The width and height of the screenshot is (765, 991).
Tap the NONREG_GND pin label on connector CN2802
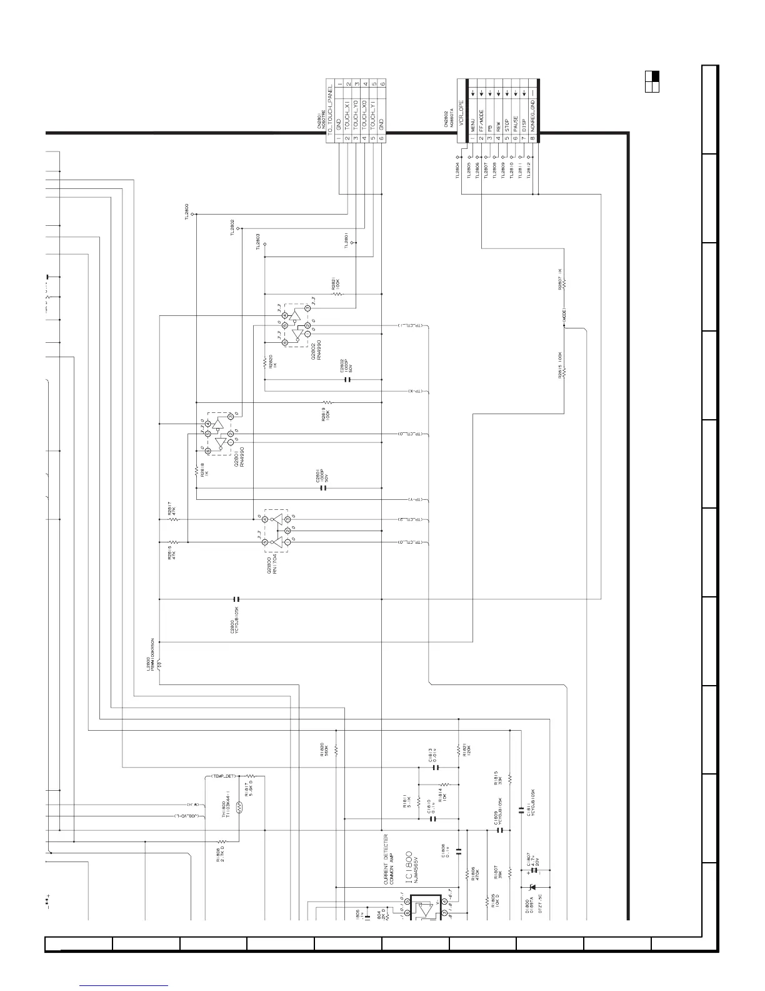[532, 113]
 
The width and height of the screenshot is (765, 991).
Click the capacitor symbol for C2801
[323, 488]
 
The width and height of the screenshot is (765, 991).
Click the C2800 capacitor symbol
[236, 599]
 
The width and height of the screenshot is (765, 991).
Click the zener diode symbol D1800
[532, 887]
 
